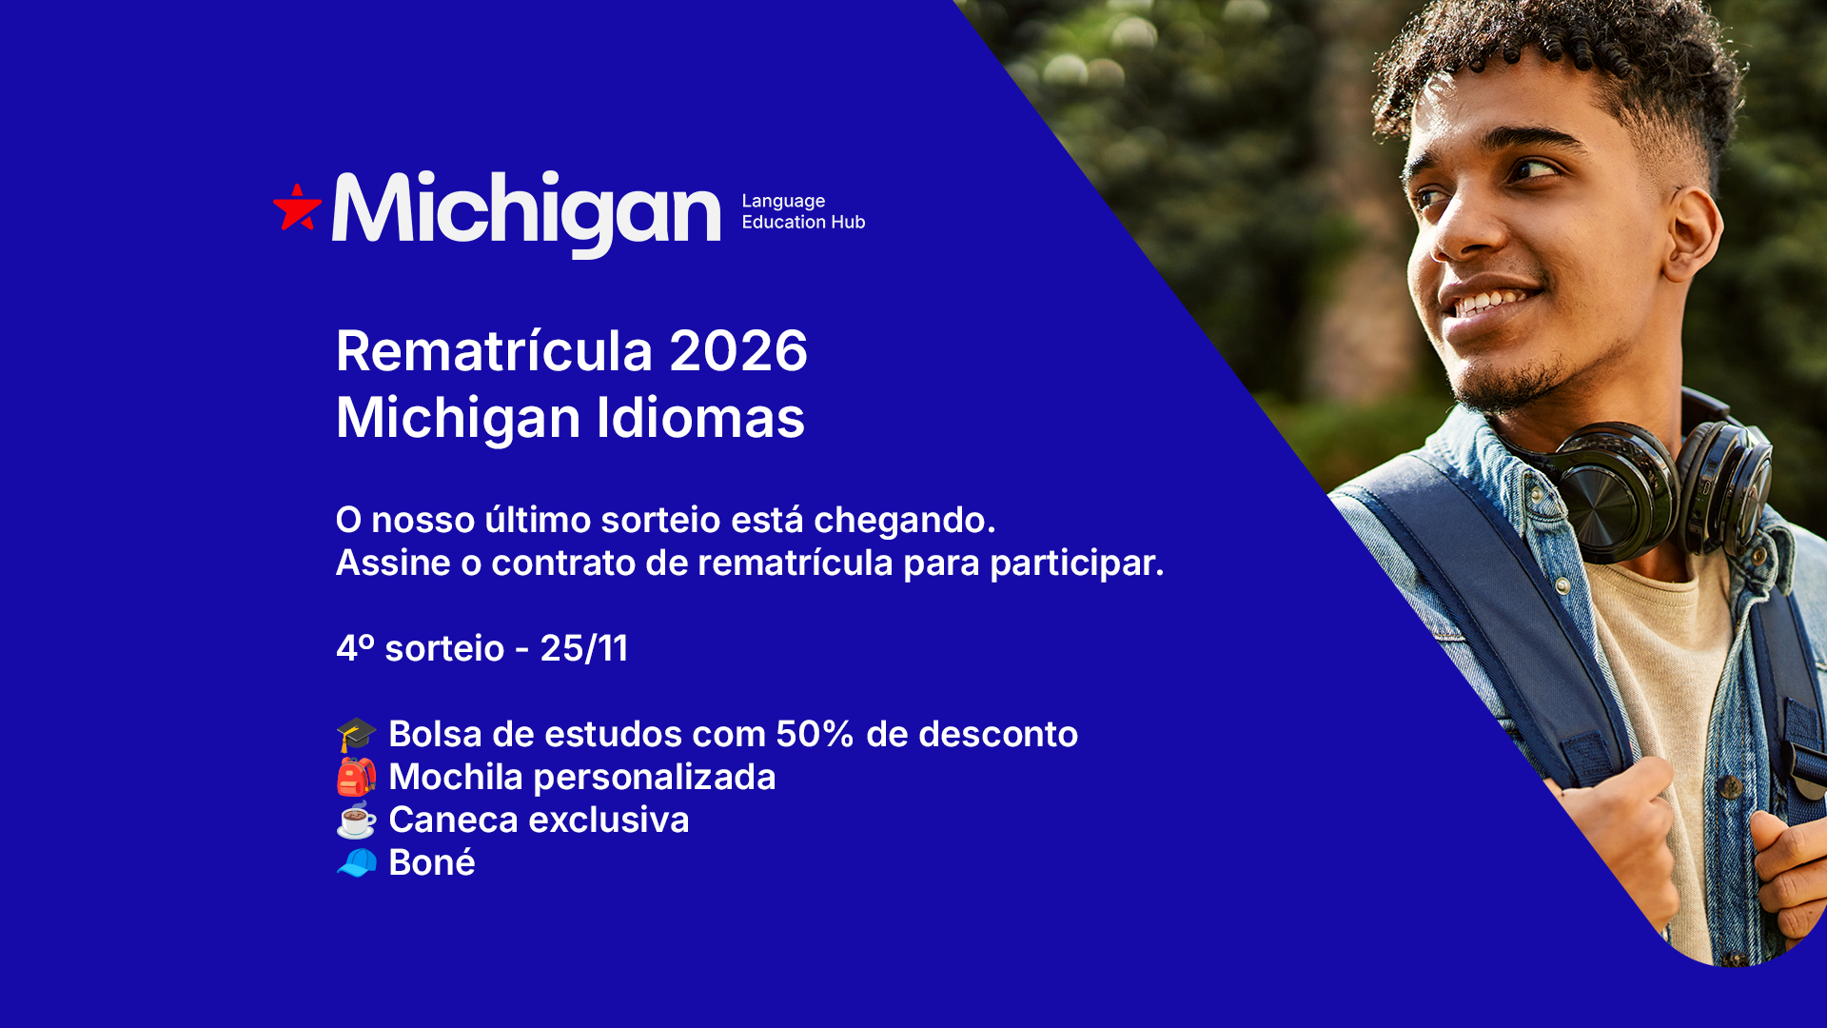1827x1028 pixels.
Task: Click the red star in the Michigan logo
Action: click(297, 208)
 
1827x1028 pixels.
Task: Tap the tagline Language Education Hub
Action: click(803, 211)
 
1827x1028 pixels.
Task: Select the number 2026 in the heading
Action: click(738, 351)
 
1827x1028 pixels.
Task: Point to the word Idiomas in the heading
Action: click(700, 418)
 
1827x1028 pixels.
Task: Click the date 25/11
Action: click(584, 648)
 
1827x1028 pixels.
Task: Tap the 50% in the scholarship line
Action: click(815, 734)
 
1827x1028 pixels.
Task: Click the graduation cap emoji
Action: click(357, 735)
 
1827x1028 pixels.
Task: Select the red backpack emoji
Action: click(357, 777)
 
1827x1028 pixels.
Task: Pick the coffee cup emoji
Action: click(357, 820)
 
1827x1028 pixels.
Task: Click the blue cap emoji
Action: click(357, 862)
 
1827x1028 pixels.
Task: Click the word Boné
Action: click(432, 862)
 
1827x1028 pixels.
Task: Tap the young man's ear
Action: click(1693, 237)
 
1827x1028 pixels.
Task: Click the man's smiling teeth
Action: click(1494, 301)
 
